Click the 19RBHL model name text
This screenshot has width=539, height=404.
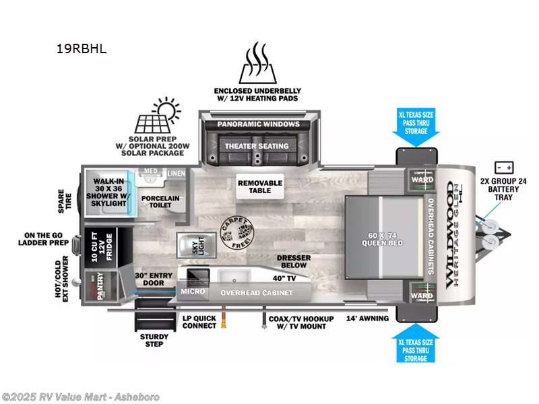[x=82, y=48]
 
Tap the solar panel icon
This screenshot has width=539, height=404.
[x=152, y=123]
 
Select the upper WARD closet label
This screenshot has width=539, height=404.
[x=422, y=180]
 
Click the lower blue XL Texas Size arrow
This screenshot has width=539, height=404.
[x=416, y=343]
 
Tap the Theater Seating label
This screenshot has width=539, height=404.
[x=257, y=146]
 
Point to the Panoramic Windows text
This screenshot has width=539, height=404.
[x=257, y=125]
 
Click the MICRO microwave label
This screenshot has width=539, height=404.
[x=193, y=292]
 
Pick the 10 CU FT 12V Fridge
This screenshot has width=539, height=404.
[x=101, y=246]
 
